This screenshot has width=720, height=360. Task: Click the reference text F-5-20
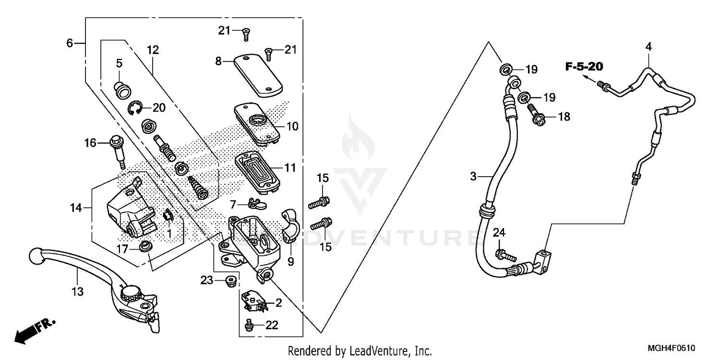click(x=584, y=67)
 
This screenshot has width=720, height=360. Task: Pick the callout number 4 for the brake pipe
click(x=648, y=47)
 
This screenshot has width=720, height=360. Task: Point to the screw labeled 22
click(x=249, y=325)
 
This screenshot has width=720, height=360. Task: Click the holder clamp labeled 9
click(x=291, y=226)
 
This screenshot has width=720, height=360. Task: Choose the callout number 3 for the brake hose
click(x=473, y=177)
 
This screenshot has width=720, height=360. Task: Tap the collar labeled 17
click(x=143, y=248)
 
